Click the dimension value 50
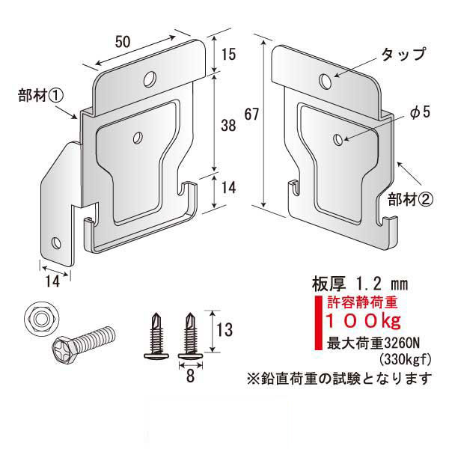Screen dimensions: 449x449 point(123,42)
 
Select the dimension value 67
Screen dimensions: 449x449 point(251,114)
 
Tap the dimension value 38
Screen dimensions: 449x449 point(228,125)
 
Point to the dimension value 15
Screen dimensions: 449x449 point(228,54)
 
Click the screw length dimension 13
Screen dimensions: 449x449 point(224,330)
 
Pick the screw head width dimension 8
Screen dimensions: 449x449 point(190,376)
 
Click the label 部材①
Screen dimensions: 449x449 point(40,95)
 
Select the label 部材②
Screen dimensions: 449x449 point(410,199)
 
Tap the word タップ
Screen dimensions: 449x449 point(403,55)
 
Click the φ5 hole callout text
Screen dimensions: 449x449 point(420,112)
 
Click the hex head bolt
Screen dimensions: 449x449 point(83,343)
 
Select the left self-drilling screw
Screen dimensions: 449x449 point(156,335)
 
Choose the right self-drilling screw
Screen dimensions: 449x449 point(190,335)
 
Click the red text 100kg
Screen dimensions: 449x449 point(363,321)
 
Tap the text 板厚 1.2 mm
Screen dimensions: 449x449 point(360,284)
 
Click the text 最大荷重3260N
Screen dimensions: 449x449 point(373,343)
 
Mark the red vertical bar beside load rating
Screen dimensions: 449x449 point(318,323)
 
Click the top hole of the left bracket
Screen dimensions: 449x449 point(150,79)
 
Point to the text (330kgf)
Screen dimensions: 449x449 point(405,360)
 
